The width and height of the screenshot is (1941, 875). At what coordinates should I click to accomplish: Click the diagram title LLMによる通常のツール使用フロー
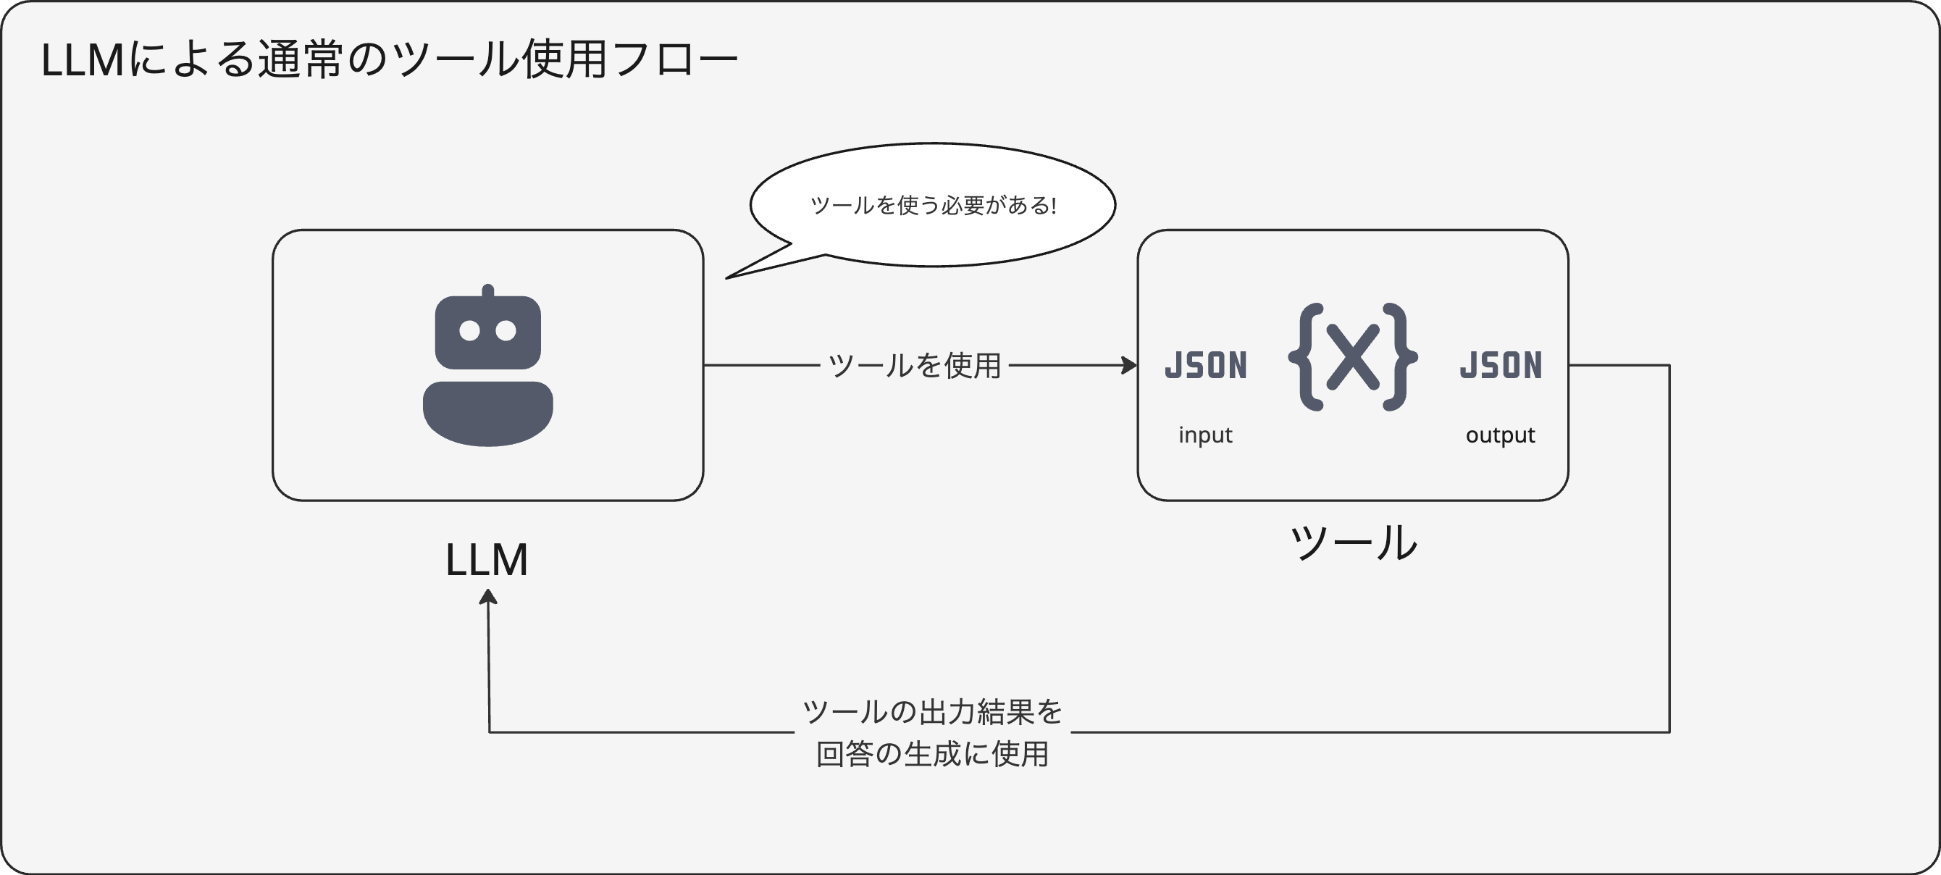click(389, 60)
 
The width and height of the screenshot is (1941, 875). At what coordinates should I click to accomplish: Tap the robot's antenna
click(487, 291)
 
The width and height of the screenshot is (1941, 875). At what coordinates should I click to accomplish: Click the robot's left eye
click(469, 331)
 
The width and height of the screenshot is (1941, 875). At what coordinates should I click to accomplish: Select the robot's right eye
click(506, 331)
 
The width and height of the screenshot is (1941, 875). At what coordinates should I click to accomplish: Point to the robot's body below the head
click(487, 412)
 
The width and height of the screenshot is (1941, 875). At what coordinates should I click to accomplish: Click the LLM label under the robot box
click(487, 561)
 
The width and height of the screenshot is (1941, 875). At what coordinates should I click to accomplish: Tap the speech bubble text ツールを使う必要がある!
click(933, 206)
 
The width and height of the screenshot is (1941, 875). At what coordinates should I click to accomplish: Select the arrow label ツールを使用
click(915, 366)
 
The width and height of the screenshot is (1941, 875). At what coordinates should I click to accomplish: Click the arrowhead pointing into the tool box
click(1130, 366)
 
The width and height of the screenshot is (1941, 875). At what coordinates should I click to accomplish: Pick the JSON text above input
click(1206, 366)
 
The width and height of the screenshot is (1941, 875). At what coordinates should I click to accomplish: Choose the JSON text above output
click(1501, 366)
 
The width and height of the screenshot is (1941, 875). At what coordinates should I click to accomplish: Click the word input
click(1205, 435)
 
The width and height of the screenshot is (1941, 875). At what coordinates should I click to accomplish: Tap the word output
click(1500, 435)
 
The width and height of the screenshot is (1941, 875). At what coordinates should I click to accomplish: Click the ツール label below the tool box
click(1354, 543)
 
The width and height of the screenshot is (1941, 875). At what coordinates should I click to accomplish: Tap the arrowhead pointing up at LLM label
click(488, 597)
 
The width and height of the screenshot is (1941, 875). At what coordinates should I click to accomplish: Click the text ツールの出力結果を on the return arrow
click(932, 711)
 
